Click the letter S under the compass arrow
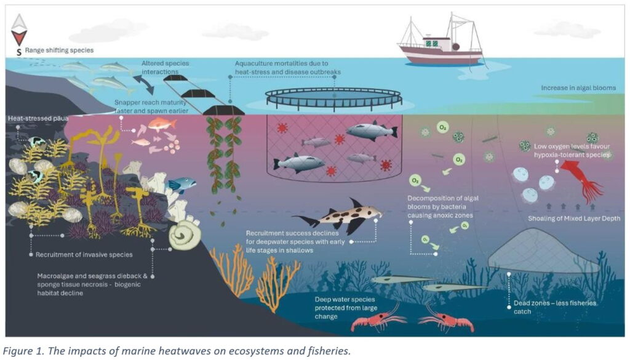click(19, 53)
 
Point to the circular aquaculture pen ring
click(333, 99)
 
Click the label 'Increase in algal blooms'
click(578, 87)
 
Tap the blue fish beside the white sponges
click(182, 184)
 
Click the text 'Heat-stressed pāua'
click(38, 119)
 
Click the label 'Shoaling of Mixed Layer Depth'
click(574, 218)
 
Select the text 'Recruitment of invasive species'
click(84, 254)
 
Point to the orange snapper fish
click(162, 124)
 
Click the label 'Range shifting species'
click(59, 50)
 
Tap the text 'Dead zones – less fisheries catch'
click(555, 307)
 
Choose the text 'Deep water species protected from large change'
click(346, 308)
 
